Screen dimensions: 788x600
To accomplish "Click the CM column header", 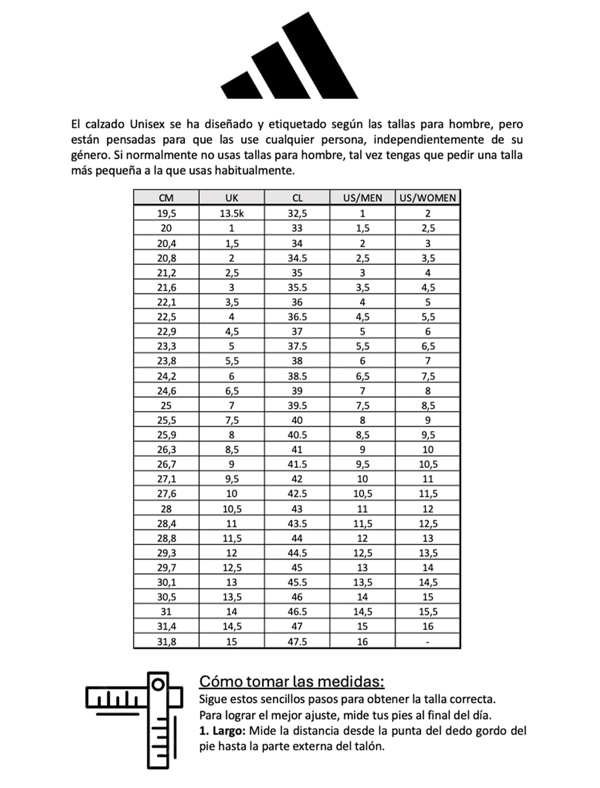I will (x=166, y=198).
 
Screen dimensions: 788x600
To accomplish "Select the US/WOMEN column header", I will (x=428, y=198).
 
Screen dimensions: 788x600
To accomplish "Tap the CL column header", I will (x=297, y=198).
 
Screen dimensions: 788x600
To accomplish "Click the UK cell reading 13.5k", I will (x=232, y=213).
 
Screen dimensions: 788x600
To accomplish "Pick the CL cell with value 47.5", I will (x=297, y=641).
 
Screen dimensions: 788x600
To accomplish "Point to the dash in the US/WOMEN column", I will (x=428, y=642).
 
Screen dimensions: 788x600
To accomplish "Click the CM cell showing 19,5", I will (x=166, y=213).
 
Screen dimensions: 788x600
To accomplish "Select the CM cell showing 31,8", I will (x=166, y=641).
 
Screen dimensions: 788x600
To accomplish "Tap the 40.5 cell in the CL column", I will (x=297, y=435).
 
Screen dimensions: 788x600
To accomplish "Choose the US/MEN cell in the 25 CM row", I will (x=362, y=406).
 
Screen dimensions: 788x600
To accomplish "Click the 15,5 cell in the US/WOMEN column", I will (x=428, y=612).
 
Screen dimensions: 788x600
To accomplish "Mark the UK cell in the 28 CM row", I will (x=232, y=509).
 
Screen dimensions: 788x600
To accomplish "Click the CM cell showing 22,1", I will (x=166, y=302).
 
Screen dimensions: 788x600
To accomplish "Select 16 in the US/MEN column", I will (x=362, y=641).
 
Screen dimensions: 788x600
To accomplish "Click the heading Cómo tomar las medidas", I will (x=292, y=681).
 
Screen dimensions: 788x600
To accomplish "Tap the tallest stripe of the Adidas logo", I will (x=321, y=56).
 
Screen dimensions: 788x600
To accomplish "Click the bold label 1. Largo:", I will (x=222, y=731).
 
